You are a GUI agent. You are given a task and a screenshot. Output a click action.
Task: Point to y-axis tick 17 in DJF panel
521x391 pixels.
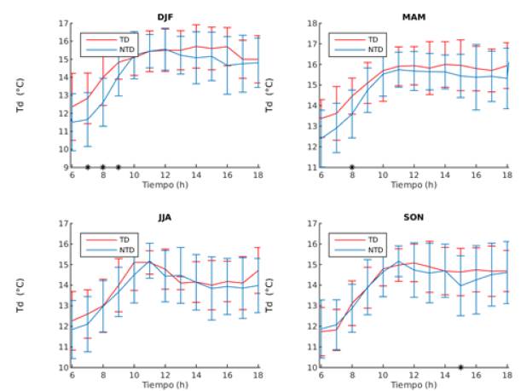pos(65,24)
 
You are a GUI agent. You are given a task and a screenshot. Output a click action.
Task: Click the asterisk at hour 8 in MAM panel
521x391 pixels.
pos(352,167)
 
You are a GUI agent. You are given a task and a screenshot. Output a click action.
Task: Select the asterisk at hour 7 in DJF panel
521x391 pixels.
pos(87,167)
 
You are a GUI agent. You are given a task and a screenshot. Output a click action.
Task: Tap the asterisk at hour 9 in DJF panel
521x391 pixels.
pos(118,167)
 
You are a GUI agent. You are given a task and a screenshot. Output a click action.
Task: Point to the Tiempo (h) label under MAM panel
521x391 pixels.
pos(414,184)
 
